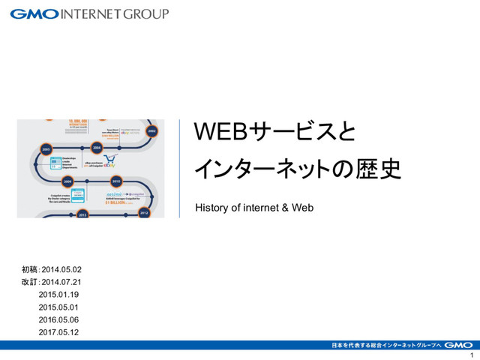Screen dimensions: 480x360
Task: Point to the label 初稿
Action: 30,269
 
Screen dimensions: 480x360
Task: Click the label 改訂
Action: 30,282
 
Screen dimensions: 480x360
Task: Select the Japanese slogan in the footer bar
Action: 385,345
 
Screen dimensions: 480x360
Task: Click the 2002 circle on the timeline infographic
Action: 153,130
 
